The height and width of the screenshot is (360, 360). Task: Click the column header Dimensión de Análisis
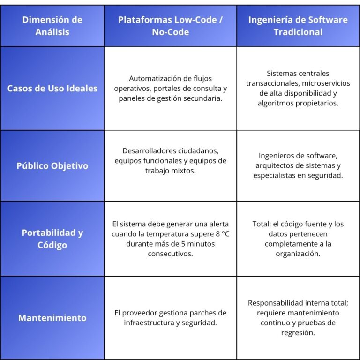coord(52,26)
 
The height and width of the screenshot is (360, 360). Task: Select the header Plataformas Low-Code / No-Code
coord(170,26)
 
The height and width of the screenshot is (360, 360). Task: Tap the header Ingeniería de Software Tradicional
coord(298,26)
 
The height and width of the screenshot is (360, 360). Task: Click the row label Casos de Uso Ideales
coord(52,89)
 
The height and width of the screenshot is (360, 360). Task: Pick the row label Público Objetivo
coord(52,166)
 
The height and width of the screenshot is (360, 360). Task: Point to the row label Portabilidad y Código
coord(52,239)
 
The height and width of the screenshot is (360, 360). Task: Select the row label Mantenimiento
coord(52,318)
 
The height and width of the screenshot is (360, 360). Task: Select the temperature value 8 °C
coord(223,234)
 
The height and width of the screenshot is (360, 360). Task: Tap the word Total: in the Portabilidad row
coord(262,224)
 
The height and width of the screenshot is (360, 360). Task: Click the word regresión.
coord(298,333)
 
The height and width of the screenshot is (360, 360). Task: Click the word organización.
coord(298,254)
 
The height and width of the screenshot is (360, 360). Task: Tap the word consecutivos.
coord(170,254)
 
